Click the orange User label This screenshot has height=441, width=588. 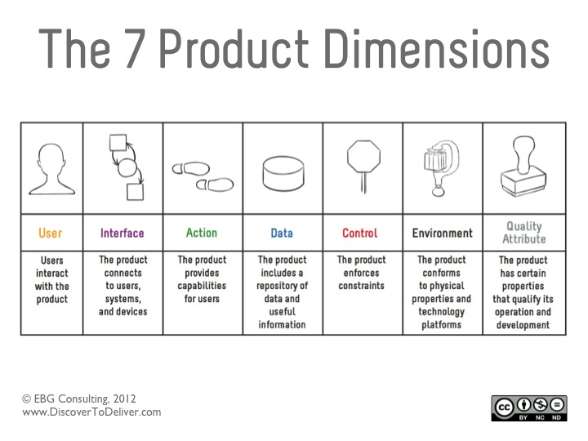click(51, 233)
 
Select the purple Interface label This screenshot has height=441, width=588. click(122, 233)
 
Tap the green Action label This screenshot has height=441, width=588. click(202, 233)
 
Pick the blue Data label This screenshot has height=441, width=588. click(282, 233)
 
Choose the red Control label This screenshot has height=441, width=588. click(360, 233)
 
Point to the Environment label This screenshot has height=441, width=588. click(443, 233)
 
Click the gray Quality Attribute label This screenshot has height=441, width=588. click(524, 233)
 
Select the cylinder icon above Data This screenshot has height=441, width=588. click(283, 174)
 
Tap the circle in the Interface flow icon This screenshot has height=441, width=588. click(127, 167)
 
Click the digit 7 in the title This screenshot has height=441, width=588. click(133, 49)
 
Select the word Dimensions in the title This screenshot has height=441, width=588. click(437, 49)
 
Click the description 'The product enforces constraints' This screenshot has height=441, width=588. click(362, 273)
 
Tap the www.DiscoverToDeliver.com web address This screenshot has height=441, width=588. click(91, 412)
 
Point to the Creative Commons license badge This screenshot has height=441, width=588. click(529, 408)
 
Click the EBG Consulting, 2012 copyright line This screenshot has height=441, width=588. click(79, 399)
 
